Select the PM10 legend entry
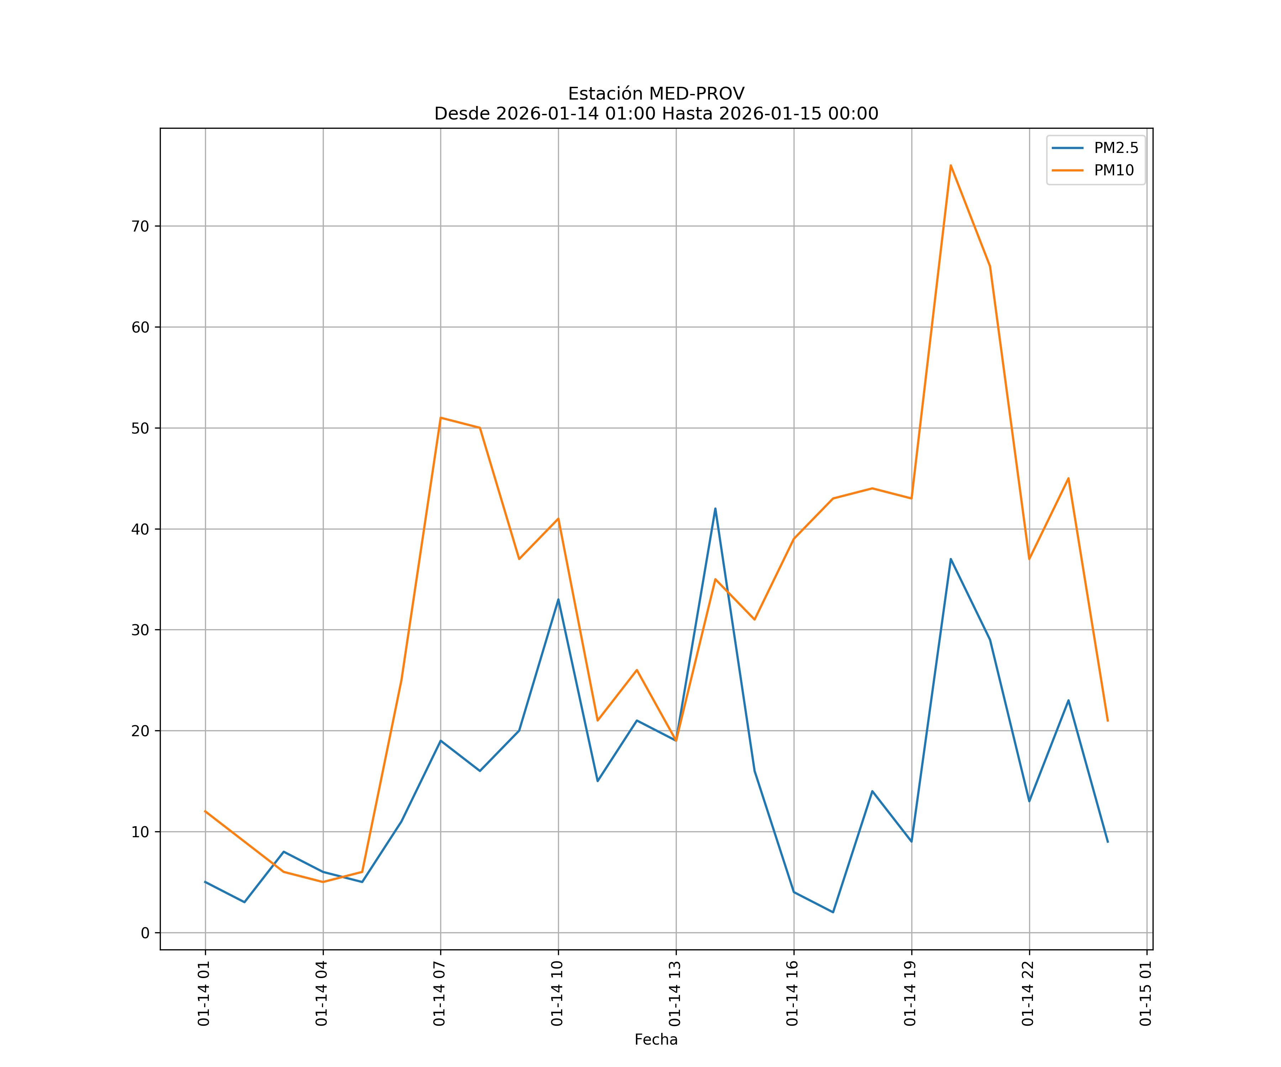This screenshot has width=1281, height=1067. coord(1114,171)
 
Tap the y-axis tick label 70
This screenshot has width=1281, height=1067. coord(140,226)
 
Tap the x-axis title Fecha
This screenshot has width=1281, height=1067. coord(656,1040)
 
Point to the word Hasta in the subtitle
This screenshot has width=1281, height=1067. coord(687,114)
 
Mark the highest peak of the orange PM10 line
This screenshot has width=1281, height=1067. coord(950,165)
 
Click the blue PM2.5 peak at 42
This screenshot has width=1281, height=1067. coord(715,509)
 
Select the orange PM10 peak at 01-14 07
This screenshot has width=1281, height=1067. coord(441,418)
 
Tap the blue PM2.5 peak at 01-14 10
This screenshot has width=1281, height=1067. coord(558,599)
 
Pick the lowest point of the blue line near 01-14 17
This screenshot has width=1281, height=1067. coord(833,913)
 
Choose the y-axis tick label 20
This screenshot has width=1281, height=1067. coord(140,731)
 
